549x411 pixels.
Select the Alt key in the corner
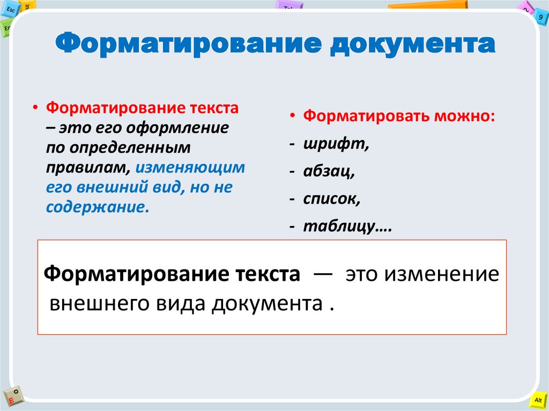click(x=538, y=400)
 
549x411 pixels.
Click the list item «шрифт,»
click(x=336, y=145)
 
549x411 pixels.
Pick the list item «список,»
click(x=331, y=199)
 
